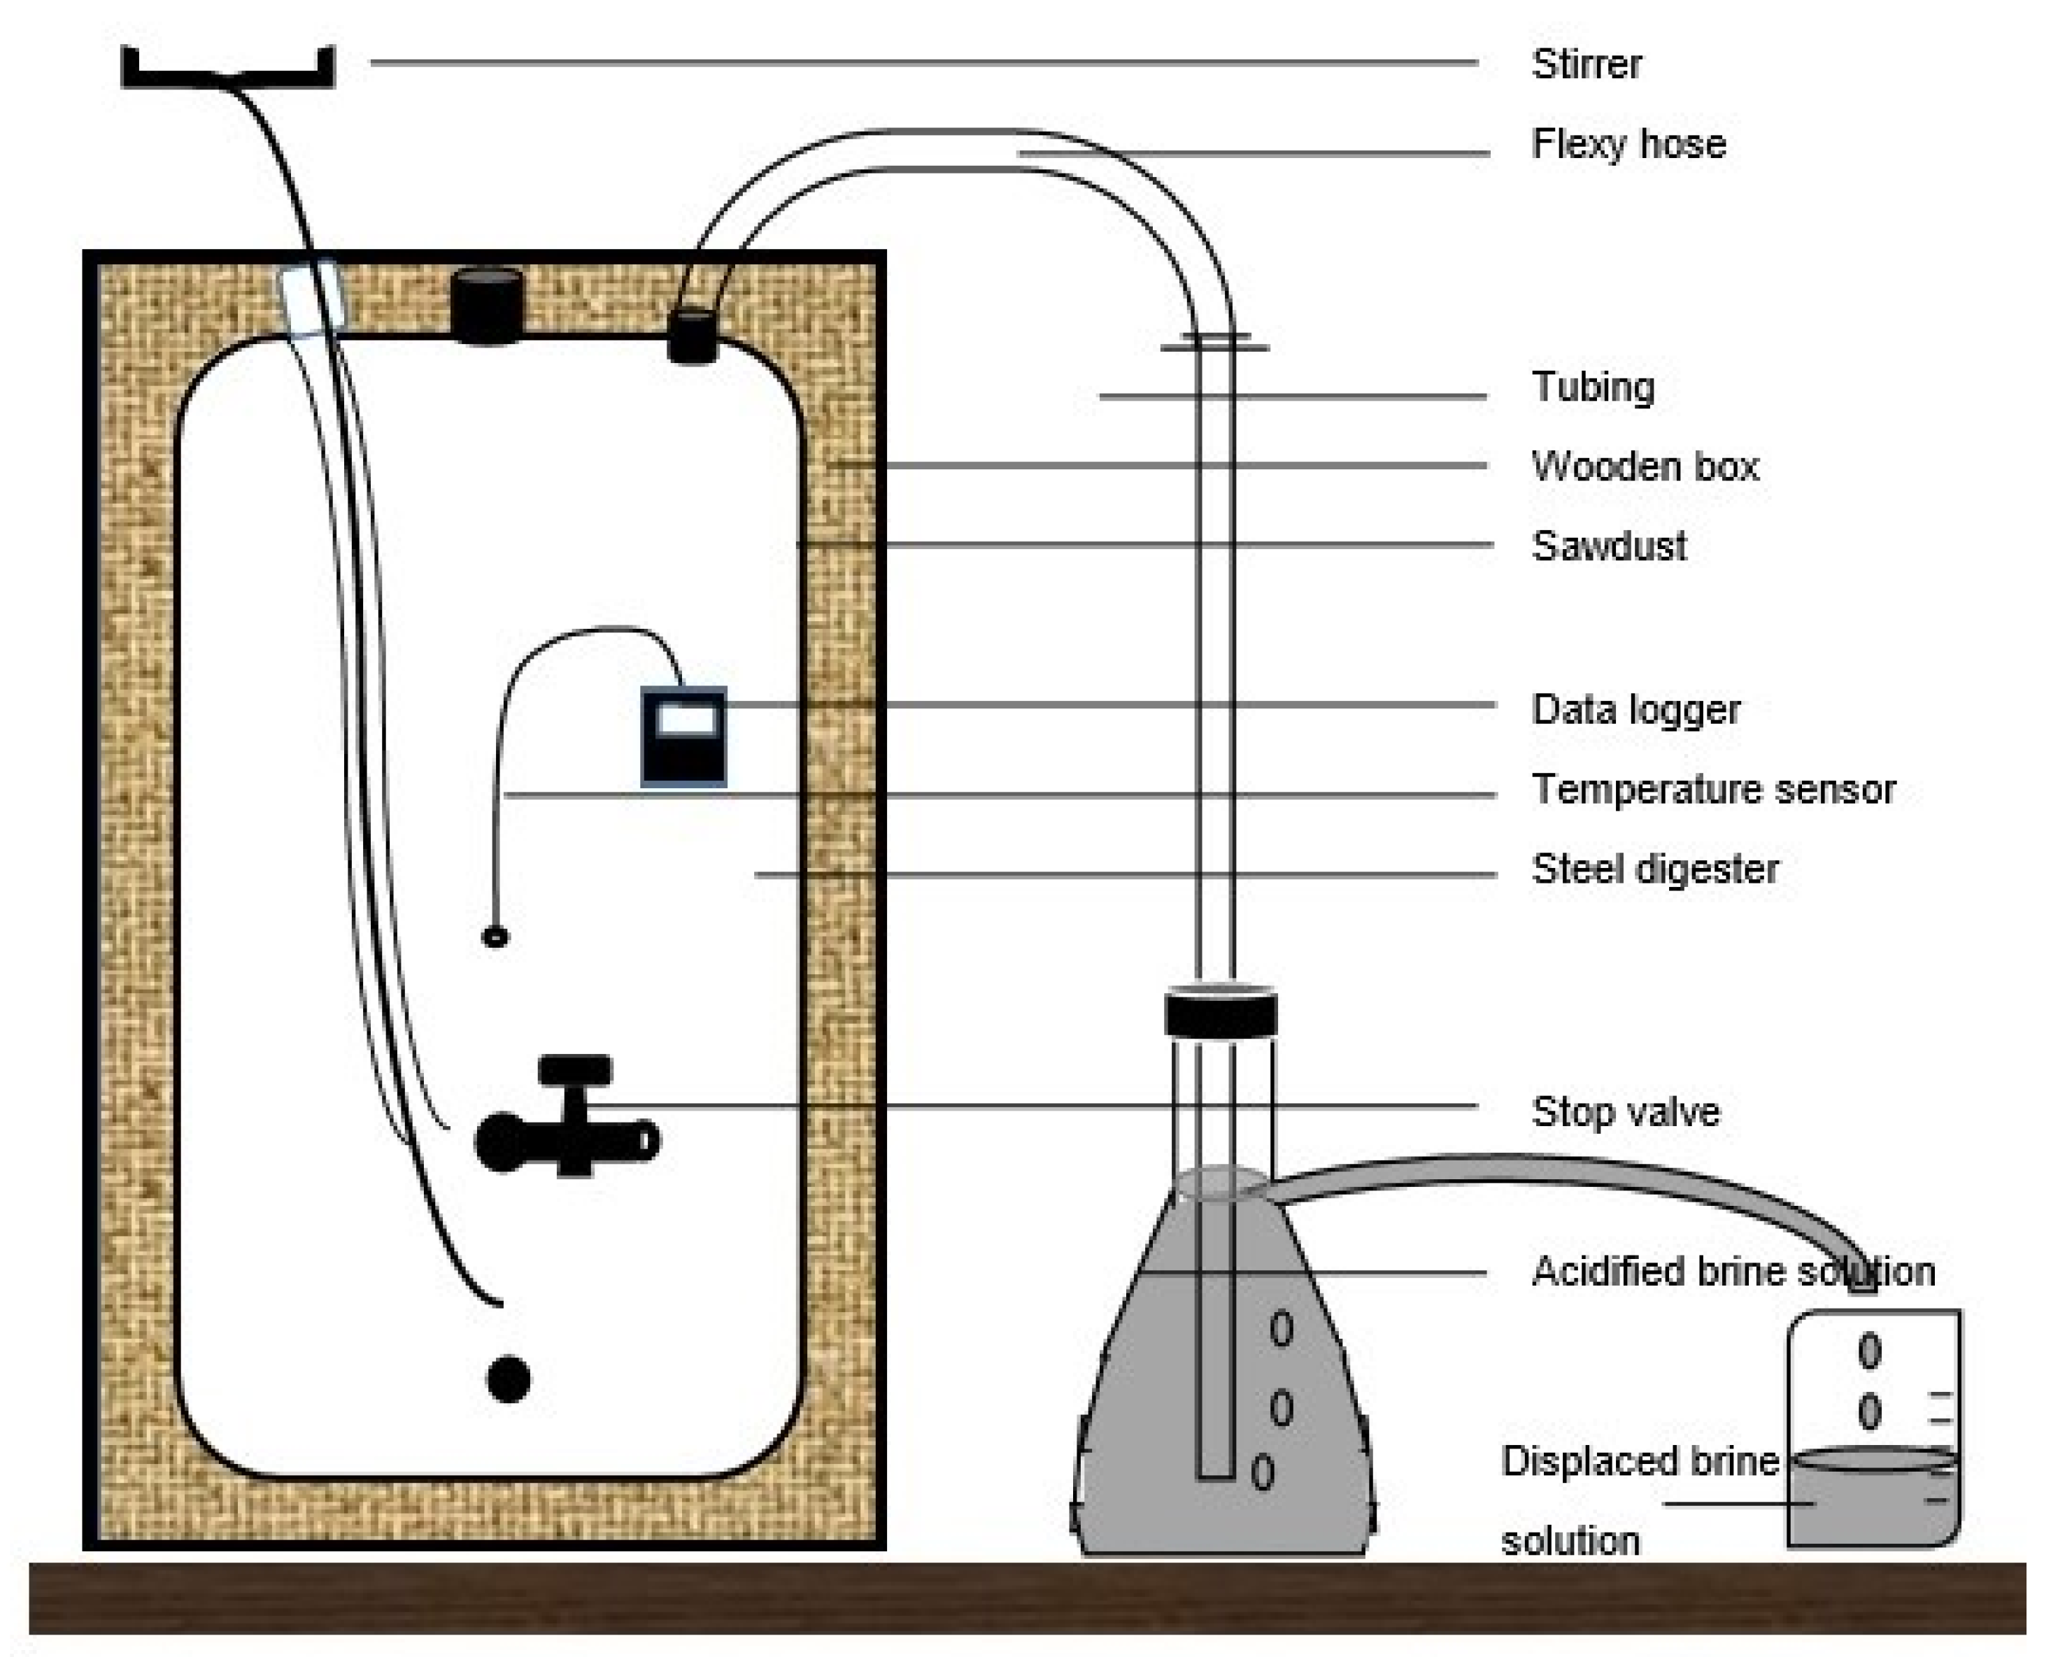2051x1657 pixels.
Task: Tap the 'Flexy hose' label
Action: [x=1628, y=145]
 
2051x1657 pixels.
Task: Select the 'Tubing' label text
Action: [x=1593, y=387]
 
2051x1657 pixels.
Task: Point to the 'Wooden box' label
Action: [x=1645, y=467]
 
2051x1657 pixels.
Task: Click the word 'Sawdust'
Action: [x=1609, y=547]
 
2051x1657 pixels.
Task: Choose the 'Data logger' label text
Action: [x=1636, y=710]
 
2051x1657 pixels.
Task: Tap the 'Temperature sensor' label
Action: [x=1713, y=790]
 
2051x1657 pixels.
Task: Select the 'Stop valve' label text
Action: [x=1625, y=1113]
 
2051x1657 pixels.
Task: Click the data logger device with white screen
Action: [x=683, y=737]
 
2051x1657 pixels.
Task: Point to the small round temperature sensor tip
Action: [x=495, y=937]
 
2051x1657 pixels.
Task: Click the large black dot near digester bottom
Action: [x=509, y=1379]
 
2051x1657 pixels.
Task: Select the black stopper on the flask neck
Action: [x=1221, y=1014]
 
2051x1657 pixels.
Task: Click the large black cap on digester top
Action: [x=487, y=306]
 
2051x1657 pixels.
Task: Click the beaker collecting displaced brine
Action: [x=1873, y=1432]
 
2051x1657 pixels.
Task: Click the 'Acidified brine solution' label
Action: [x=1732, y=1272]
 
